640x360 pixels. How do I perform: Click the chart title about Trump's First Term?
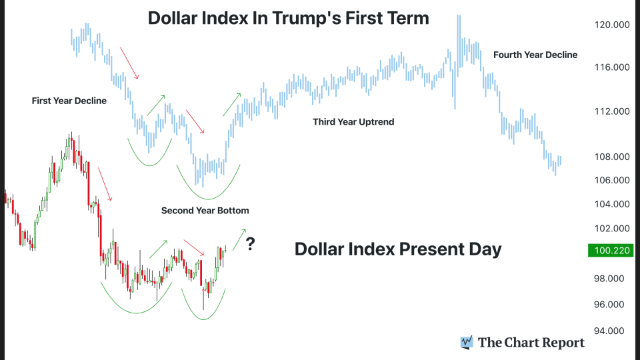288,18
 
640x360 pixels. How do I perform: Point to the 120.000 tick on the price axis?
611,25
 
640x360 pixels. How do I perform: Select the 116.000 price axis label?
611,67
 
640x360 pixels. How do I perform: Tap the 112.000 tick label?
611,111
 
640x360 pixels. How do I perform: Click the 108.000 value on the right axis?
611,157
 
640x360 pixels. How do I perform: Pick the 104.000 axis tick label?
611,204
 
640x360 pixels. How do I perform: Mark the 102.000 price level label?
611,228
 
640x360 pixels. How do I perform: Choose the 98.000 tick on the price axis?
611,279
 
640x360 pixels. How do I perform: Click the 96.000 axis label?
611,304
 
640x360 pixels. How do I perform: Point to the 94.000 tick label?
611,331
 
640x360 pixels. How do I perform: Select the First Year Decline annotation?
69,101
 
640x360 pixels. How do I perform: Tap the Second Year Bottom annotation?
205,210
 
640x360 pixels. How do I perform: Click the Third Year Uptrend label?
353,122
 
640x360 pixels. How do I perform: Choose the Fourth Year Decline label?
535,55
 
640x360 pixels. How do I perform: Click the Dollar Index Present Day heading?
397,249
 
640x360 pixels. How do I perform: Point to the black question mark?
250,244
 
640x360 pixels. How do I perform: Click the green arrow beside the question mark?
239,235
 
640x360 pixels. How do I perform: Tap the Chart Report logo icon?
467,342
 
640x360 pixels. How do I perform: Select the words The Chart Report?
531,343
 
